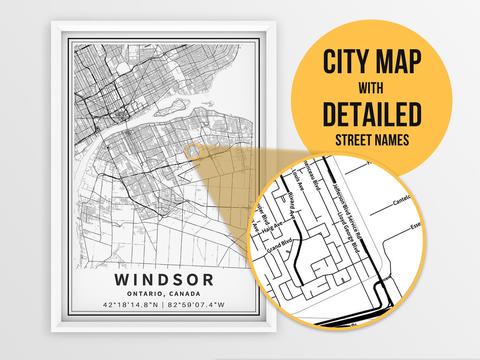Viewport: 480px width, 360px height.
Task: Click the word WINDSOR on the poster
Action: click(164, 280)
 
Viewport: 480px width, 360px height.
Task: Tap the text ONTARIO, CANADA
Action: click(164, 294)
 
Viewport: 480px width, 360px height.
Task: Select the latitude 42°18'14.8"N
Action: click(131, 305)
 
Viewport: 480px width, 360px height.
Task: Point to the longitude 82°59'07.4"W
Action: click(196, 305)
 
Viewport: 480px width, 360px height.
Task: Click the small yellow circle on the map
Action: click(193, 151)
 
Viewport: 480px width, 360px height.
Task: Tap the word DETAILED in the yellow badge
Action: click(372, 115)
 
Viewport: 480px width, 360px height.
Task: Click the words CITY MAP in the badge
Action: click(372, 62)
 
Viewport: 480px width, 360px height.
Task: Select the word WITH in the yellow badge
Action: click(371, 88)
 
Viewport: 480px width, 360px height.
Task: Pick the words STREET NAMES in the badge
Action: click(372, 140)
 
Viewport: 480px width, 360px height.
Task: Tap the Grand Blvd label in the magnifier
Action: click(280, 246)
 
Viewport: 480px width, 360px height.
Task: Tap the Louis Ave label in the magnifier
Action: click(298, 180)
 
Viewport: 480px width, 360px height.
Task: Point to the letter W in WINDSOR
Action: click(122, 280)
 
